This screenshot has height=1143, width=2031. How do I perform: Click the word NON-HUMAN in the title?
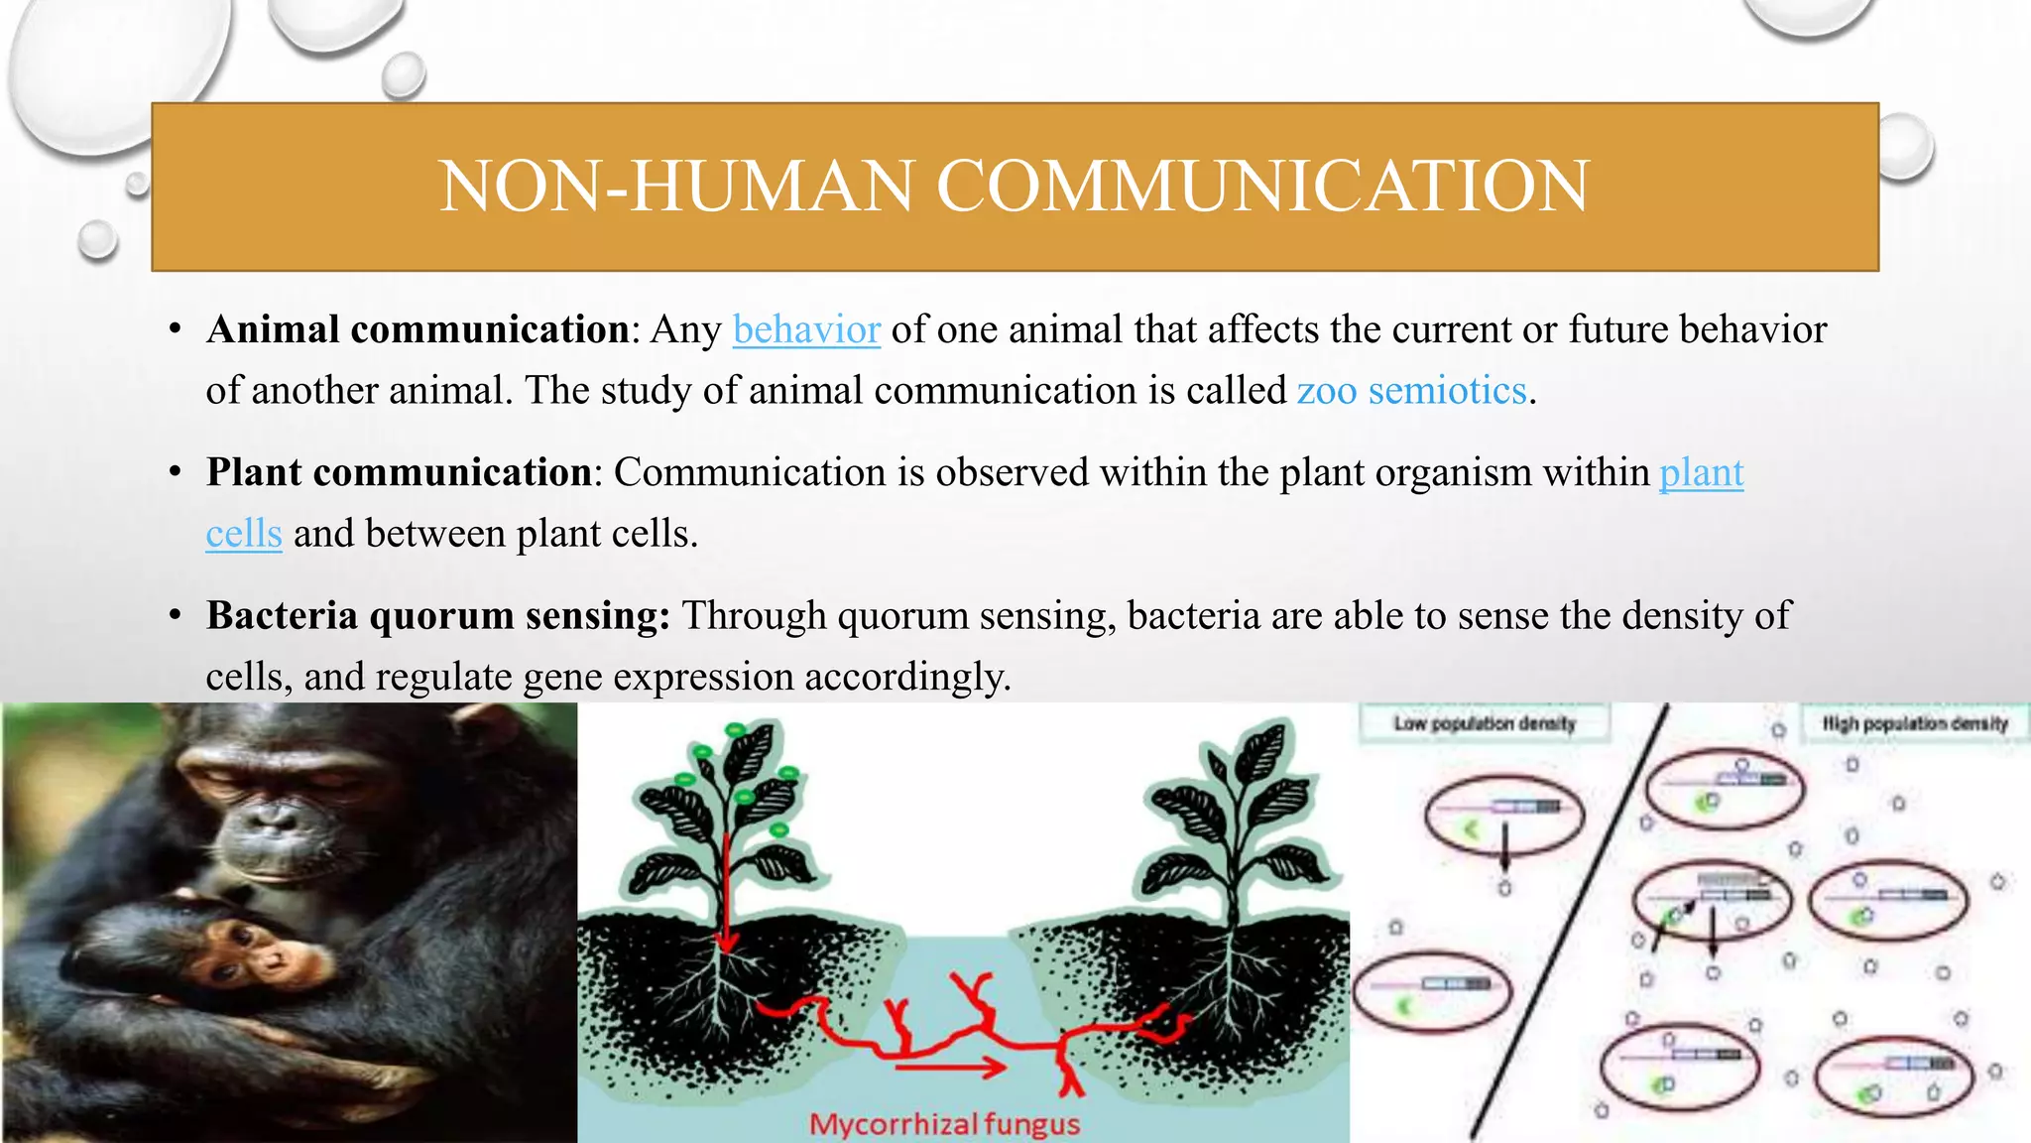675,187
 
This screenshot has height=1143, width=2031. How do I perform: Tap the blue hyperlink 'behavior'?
806,329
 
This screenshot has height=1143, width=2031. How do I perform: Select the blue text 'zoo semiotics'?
1411,391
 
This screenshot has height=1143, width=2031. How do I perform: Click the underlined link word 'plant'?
1701,472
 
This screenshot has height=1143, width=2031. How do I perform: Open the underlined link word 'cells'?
244,534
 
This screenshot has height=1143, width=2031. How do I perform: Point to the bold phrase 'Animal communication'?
418,329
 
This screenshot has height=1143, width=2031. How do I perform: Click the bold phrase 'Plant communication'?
399,472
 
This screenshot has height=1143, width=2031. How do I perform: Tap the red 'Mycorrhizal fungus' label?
944,1124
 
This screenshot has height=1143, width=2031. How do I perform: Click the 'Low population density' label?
1484,723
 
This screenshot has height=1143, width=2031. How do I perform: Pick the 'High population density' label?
1914,723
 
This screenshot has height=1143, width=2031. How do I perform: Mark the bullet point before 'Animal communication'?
175,330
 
